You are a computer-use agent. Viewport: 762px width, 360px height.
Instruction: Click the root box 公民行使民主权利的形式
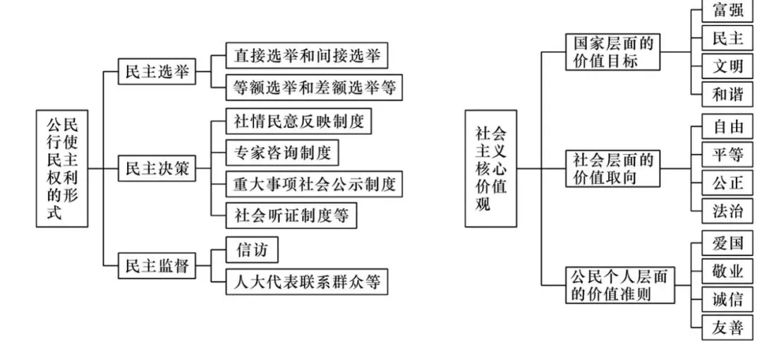62,168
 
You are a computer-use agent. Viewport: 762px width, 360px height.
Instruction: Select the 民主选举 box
157,72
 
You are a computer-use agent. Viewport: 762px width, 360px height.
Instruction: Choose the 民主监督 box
157,265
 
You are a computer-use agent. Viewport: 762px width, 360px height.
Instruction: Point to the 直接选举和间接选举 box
307,55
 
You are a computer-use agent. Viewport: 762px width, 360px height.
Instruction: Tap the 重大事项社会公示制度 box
314,184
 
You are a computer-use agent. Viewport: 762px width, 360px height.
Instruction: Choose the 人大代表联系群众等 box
307,282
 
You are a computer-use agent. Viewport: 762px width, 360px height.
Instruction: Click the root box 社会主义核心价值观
490,169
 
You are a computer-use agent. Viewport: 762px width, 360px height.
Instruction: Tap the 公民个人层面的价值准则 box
620,285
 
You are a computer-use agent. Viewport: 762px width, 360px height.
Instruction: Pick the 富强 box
727,11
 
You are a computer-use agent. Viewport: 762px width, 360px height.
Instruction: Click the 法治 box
727,210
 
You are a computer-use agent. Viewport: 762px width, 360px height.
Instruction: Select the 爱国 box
727,244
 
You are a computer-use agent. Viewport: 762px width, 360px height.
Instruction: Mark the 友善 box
727,326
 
